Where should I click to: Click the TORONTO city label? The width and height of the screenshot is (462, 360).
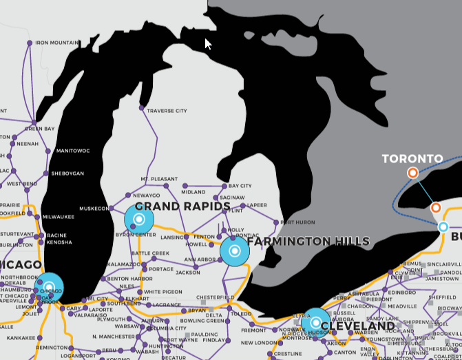(x=412, y=159)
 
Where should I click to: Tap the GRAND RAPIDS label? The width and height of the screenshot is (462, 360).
(x=182, y=207)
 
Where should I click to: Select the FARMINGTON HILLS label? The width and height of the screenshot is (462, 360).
(x=308, y=242)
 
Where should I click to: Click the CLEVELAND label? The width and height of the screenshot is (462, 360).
(x=357, y=326)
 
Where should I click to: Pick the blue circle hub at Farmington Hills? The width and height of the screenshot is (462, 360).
(x=234, y=251)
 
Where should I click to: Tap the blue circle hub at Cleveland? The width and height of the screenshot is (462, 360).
(x=315, y=322)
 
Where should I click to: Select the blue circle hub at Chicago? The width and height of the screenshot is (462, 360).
(x=49, y=287)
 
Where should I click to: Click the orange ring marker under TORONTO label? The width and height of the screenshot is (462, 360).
(x=412, y=173)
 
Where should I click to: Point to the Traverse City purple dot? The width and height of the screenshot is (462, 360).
(x=141, y=108)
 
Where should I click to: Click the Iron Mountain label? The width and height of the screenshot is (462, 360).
(x=56, y=43)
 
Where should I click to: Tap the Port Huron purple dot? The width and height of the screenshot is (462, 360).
(x=276, y=222)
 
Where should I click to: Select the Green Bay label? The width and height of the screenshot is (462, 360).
(x=39, y=129)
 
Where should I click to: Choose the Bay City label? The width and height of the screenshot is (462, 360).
(x=240, y=186)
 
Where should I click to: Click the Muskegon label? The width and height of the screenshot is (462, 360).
(x=94, y=208)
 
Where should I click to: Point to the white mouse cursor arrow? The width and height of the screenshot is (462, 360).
(x=209, y=44)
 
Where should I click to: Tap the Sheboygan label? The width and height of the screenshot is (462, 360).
(x=67, y=173)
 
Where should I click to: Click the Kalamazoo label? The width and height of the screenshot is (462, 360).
(x=125, y=264)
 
